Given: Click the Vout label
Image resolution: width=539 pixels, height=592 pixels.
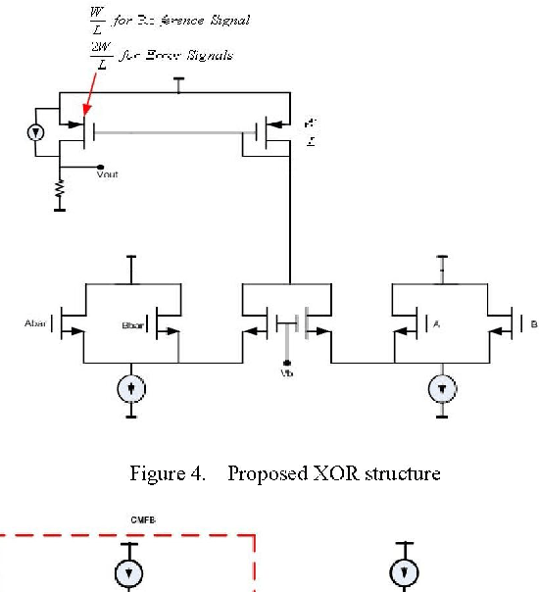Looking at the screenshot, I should [108, 174].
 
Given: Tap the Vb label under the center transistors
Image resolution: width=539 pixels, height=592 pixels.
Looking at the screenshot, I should [286, 373].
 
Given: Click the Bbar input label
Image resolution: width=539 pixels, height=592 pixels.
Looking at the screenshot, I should [131, 323].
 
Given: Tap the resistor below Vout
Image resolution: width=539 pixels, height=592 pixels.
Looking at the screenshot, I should [61, 187].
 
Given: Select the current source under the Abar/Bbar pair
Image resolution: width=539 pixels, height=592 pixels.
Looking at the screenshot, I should [130, 389].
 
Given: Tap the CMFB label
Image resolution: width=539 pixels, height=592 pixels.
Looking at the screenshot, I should [144, 520].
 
